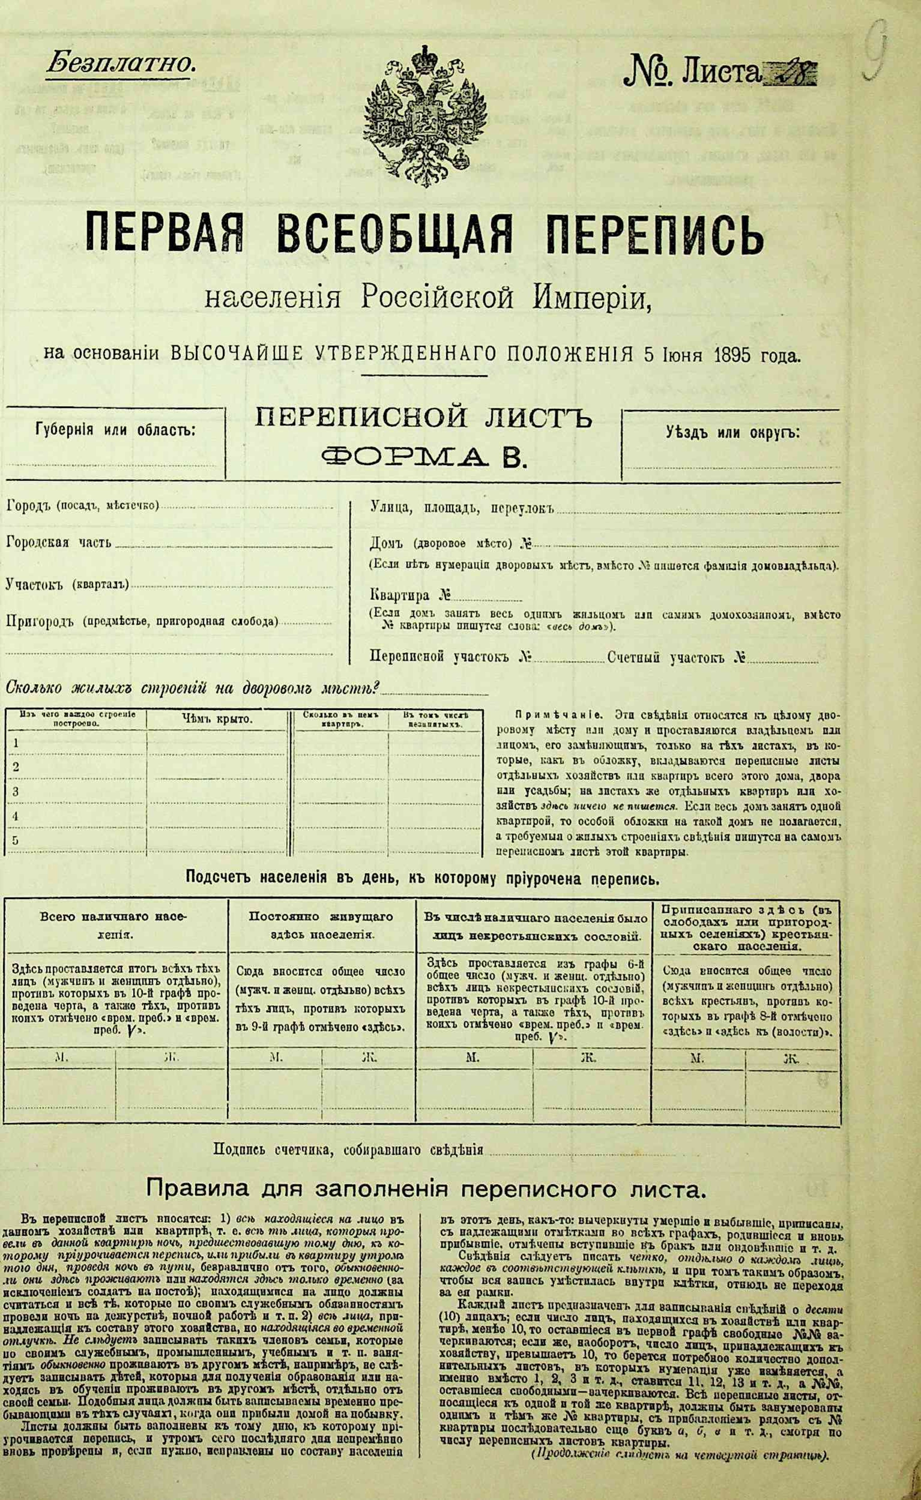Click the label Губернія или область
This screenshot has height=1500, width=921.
115,430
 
